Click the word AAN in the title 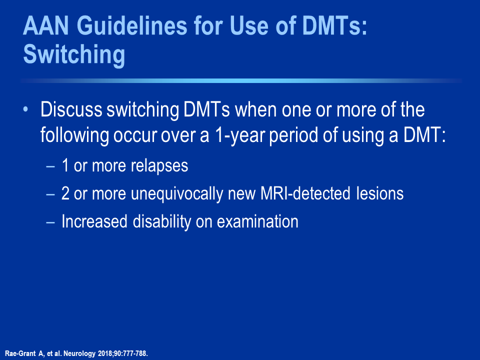pos(46,25)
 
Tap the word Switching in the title pos(74,55)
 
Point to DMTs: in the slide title pos(334,25)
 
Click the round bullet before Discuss pos(25,109)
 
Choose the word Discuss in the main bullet pos(71,109)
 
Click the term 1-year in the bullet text pos(240,135)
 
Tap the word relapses pos(159,166)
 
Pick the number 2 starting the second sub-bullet pos(65,193)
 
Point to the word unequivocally pos(177,194)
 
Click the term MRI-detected pos(305,193)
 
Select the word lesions pos(380,193)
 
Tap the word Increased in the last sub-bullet pos(94,221)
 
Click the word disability pos(162,222)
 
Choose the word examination pos(257,221)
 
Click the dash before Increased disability pos(50,222)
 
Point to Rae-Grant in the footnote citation pos(20,353)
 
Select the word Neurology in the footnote pos(79,353)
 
